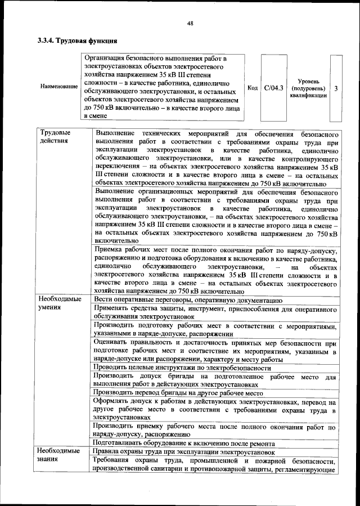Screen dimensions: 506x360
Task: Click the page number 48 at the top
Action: [x=190, y=23]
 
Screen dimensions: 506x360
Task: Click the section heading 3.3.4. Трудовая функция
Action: [x=77, y=41]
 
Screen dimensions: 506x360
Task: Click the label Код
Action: [x=253, y=88]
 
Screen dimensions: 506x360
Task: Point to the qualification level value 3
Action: [x=336, y=88]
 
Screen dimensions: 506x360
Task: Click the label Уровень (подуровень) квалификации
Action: [x=308, y=88]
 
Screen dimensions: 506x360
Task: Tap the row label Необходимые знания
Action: [x=60, y=455]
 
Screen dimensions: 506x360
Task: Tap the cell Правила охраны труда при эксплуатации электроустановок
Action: [x=184, y=451]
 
